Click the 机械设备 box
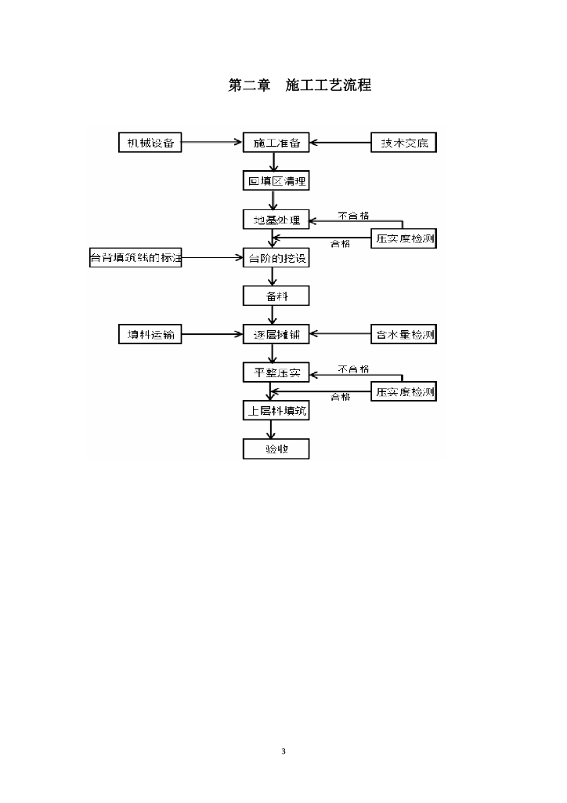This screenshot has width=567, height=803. click(150, 143)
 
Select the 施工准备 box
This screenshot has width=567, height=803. click(276, 143)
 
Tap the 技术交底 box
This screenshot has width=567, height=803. click(403, 143)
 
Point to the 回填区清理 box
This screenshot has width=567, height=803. click(276, 182)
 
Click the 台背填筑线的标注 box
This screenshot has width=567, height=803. click(135, 257)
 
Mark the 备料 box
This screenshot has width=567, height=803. click(276, 296)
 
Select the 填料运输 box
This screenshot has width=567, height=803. click(150, 334)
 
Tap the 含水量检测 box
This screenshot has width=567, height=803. click(403, 335)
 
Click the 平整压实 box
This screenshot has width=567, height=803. click(276, 372)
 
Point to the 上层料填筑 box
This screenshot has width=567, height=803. click(276, 410)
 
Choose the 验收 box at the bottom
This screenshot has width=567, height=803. click(276, 449)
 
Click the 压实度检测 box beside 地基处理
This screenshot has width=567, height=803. click(403, 238)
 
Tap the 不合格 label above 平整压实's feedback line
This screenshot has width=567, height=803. click(353, 369)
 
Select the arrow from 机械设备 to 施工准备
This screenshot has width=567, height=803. click(211, 143)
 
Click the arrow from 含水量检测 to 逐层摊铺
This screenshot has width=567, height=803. click(340, 335)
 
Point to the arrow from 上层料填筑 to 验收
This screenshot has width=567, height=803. click(272, 430)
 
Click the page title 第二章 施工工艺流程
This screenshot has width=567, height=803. click(299, 85)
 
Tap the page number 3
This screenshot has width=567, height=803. click(283, 751)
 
